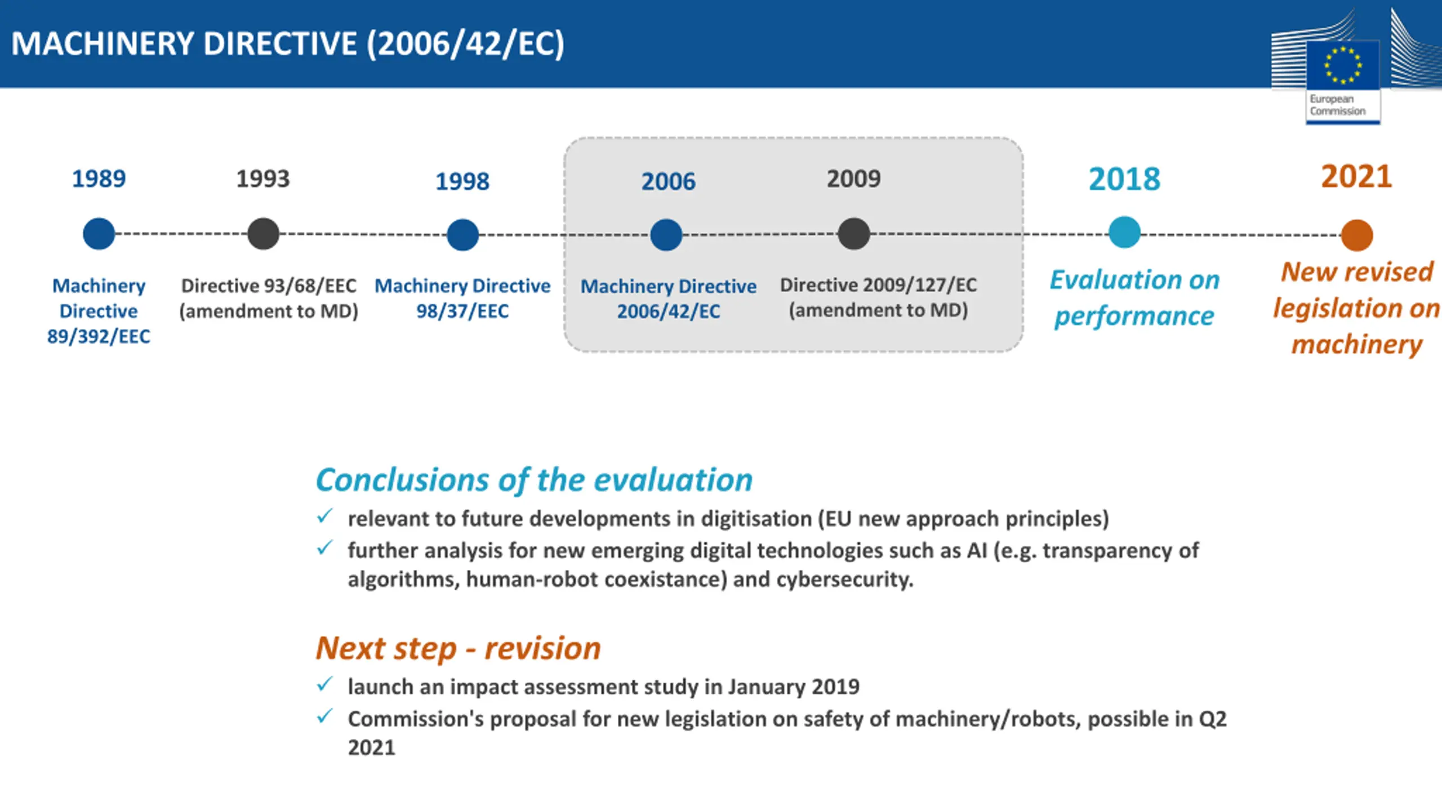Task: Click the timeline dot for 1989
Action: click(99, 234)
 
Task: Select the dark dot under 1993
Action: click(263, 234)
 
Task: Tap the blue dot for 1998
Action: click(462, 235)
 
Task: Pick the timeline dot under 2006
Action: click(666, 235)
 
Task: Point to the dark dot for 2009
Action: click(853, 234)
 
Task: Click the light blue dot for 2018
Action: click(1124, 232)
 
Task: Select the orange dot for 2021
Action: click(1356, 235)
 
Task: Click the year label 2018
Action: click(1124, 179)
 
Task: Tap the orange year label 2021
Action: click(1356, 176)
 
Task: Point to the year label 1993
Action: click(262, 179)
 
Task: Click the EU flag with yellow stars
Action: click(1343, 65)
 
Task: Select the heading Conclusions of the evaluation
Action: click(534, 480)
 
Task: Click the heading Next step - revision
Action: click(458, 648)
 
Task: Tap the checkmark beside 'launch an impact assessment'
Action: click(324, 684)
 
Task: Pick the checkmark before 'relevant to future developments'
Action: click(324, 516)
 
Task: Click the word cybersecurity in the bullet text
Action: click(844, 580)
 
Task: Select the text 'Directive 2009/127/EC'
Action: click(878, 285)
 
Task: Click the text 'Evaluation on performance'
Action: click(1134, 298)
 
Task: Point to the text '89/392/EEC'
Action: click(99, 336)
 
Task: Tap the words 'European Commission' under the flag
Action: click(1337, 105)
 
